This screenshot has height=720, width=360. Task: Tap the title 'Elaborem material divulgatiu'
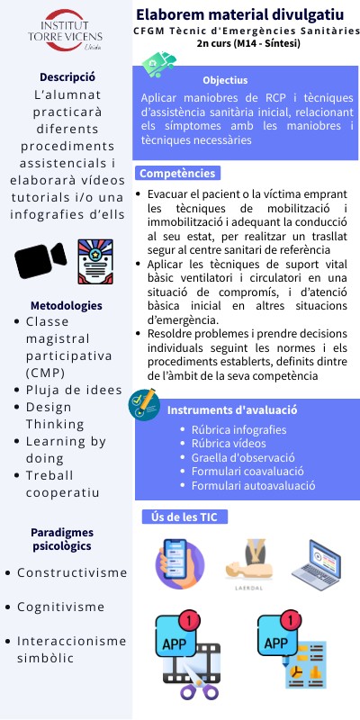(239, 14)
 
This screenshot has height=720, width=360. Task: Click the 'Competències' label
(176, 173)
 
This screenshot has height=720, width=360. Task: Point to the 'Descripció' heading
(67, 76)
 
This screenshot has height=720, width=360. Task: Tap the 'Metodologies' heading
(66, 305)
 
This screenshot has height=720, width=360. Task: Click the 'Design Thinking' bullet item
(61, 415)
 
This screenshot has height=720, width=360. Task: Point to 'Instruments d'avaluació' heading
(232, 410)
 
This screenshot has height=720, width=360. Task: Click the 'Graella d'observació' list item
(236, 457)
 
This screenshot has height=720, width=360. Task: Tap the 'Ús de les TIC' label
(185, 517)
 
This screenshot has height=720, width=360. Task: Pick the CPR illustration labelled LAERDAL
(247, 563)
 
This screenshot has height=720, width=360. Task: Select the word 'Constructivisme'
(72, 572)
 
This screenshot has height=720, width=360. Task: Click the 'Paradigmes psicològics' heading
(67, 538)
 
